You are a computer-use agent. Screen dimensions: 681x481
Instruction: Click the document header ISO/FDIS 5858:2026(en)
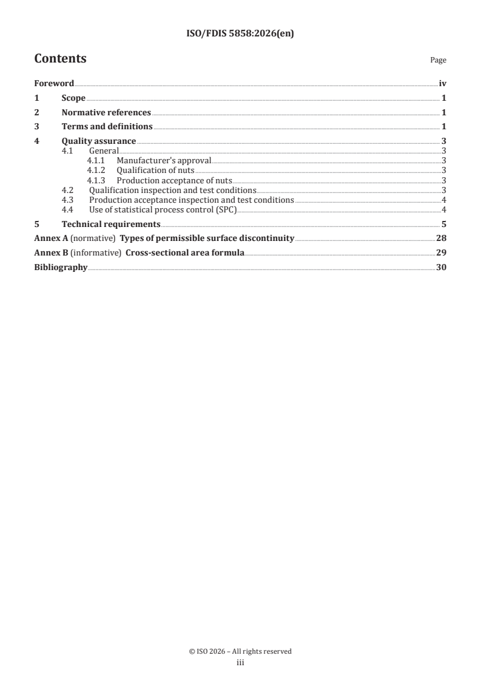pos(240,34)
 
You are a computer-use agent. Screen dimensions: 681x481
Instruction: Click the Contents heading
pos(60,59)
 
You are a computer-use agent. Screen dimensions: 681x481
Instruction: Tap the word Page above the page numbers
pos(438,60)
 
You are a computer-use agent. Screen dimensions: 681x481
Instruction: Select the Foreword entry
pos(54,84)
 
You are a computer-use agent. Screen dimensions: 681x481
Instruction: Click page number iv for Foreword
pos(442,84)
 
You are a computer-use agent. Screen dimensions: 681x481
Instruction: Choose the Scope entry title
pos(73,98)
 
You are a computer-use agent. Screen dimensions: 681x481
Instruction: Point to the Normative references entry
pos(106,112)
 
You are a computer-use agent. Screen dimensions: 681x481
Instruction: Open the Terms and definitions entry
pos(107,127)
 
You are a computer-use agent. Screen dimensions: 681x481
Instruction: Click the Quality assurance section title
pos(99,141)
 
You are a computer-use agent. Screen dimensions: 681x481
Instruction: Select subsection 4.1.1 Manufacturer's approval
pos(164,161)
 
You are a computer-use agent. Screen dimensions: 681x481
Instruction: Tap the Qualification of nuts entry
pos(155,171)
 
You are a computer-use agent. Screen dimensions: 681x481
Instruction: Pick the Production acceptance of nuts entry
pos(174,180)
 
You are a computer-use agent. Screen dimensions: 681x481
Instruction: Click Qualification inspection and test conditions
pos(172,190)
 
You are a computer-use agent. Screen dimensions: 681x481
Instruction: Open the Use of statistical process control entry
pos(163,210)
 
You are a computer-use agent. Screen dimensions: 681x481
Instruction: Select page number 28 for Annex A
pos(441,238)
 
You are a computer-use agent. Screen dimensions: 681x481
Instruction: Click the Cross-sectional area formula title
pos(185,252)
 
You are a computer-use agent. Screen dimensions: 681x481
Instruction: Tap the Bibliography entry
pos(61,267)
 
